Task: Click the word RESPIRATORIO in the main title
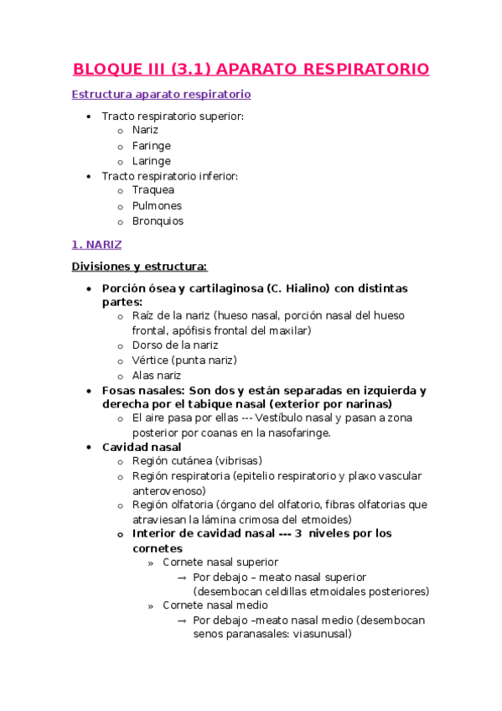click(x=365, y=69)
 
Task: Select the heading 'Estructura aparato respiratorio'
click(x=161, y=95)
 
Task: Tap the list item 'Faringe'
click(x=151, y=146)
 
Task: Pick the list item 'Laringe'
click(x=151, y=161)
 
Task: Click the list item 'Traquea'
click(x=153, y=190)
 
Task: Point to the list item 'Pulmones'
click(x=157, y=205)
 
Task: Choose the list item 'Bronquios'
click(x=158, y=221)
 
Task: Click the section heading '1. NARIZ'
click(x=96, y=245)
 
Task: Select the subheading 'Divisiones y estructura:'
click(x=139, y=267)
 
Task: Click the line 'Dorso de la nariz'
click(x=175, y=345)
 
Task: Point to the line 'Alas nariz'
click(x=157, y=376)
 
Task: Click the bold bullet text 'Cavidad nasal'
click(x=142, y=447)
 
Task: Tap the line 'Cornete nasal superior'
click(x=220, y=562)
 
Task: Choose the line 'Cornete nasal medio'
click(x=215, y=605)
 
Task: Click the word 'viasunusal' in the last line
click(x=318, y=635)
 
